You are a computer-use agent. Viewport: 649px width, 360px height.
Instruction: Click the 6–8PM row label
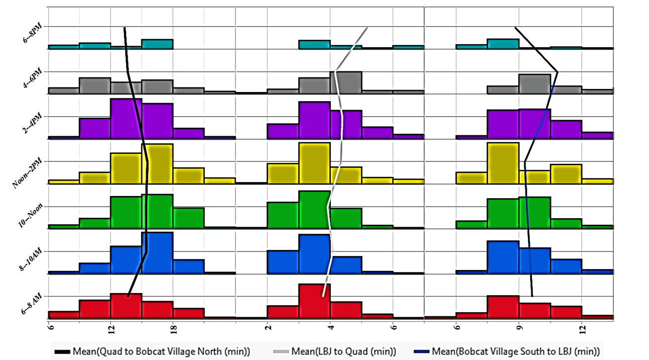coord(32,35)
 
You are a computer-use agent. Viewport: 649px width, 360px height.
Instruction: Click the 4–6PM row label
coord(32,79)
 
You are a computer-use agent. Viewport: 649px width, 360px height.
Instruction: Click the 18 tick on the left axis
coord(173,329)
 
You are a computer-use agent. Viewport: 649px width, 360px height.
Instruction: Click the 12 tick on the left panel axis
coord(110,329)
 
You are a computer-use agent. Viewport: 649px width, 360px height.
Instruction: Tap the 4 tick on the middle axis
coord(330,328)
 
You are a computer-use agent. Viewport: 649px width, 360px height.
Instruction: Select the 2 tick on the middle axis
coord(267,328)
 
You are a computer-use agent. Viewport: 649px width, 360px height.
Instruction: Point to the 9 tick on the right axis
coord(519,328)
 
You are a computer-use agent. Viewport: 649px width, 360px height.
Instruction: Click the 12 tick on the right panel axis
coord(582,329)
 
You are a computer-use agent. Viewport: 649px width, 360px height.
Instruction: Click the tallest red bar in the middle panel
coord(314,301)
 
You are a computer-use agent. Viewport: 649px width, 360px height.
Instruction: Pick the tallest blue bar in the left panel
coord(157,253)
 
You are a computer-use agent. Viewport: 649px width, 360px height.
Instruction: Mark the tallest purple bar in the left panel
coord(126,118)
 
